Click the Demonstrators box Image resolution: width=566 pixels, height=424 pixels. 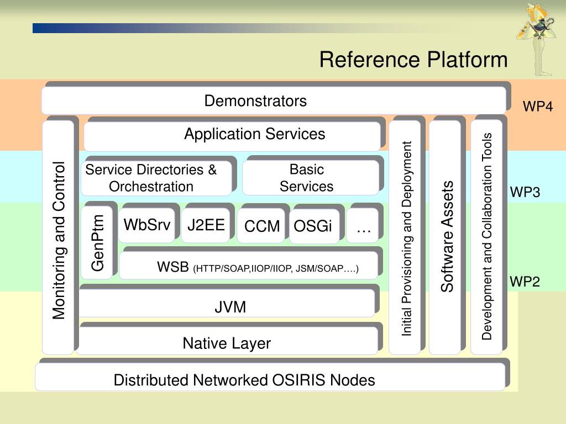click(274, 100)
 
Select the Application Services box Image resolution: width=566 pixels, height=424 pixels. click(232, 136)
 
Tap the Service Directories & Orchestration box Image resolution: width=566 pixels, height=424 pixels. click(156, 178)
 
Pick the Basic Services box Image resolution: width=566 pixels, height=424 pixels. click(311, 178)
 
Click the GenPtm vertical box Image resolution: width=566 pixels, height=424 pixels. click(97, 243)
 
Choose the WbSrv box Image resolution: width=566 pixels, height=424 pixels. click(146, 225)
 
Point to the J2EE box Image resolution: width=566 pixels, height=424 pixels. click(206, 225)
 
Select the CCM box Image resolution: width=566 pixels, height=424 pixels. click(261, 226)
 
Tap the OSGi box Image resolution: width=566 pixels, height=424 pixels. click(314, 226)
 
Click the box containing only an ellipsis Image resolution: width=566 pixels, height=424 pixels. click(362, 226)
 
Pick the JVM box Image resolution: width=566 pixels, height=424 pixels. click(227, 304)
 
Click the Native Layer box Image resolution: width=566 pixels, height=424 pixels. click(227, 341)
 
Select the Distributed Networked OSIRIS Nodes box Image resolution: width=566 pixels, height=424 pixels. click(270, 377)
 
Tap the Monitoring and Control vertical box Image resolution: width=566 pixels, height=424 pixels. click(58, 237)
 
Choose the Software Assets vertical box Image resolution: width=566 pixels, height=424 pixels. click(445, 237)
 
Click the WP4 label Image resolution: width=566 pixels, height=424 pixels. click(537, 107)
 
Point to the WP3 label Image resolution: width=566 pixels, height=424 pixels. click(525, 192)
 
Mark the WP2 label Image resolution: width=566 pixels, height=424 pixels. click(525, 281)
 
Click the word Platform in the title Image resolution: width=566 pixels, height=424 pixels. click(467, 60)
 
